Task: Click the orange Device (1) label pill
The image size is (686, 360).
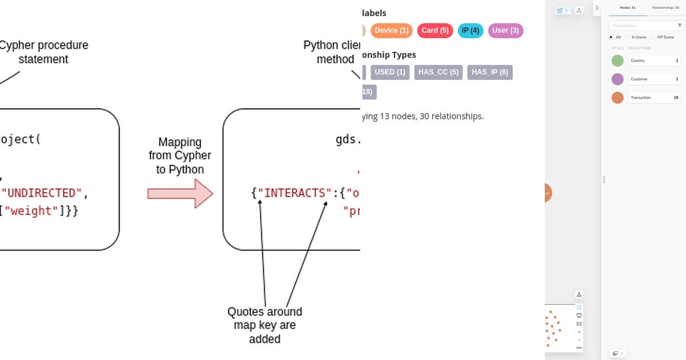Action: [x=392, y=30]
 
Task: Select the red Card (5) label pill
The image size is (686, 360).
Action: [x=434, y=30]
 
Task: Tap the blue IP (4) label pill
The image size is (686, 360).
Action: [x=470, y=30]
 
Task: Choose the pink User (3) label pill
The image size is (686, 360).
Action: [x=505, y=30]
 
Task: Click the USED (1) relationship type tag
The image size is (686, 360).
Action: [x=390, y=72]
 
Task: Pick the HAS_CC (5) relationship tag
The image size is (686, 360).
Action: [x=438, y=72]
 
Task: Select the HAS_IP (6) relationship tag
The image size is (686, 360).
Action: [x=490, y=72]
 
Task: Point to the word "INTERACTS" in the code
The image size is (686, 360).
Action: [x=293, y=193]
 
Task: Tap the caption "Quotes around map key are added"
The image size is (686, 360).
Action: [x=265, y=325]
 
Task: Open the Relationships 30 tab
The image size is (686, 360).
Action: [x=665, y=8]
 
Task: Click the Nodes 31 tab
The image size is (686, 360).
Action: [x=628, y=8]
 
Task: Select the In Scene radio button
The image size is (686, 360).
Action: [x=628, y=37]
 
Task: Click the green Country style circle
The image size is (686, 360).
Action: [x=617, y=61]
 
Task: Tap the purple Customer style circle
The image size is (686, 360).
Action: [x=617, y=79]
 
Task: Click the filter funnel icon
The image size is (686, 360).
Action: [x=680, y=26]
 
